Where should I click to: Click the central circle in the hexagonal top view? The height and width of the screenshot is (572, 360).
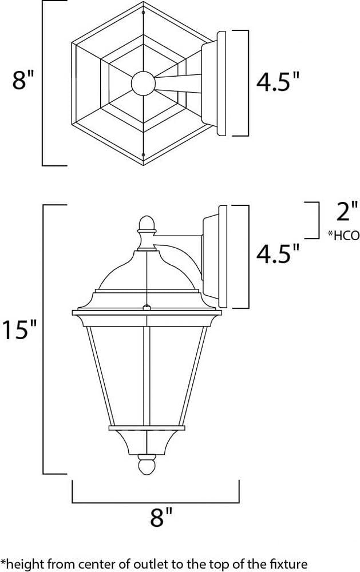tap(143, 84)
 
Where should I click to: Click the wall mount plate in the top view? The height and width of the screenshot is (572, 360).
tap(220, 84)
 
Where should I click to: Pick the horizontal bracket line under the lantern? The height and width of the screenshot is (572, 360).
tap(155, 498)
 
